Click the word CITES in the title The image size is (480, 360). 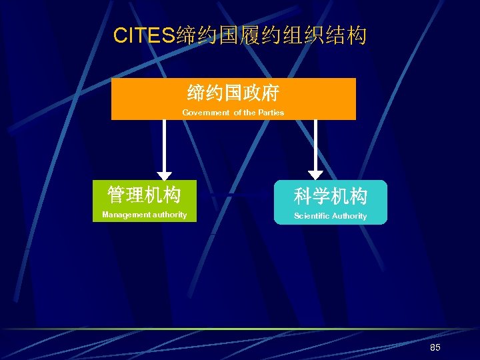pyautogui.click(x=145, y=35)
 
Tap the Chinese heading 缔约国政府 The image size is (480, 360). pyautogui.click(x=233, y=93)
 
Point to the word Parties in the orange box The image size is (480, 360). pyautogui.click(x=271, y=113)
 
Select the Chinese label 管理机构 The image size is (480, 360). pyautogui.click(x=144, y=195)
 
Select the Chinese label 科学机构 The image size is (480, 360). pyautogui.click(x=331, y=196)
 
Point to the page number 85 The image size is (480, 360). pyautogui.click(x=435, y=348)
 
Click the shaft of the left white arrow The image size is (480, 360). pyautogui.click(x=164, y=143)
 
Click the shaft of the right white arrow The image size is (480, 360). pyautogui.click(x=315, y=143)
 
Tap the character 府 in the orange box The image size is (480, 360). pyautogui.click(x=270, y=93)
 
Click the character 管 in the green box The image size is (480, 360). pyautogui.click(x=117, y=195)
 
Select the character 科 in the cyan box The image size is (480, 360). pyautogui.click(x=303, y=196)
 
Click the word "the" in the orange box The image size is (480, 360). pyautogui.click(x=249, y=113)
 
